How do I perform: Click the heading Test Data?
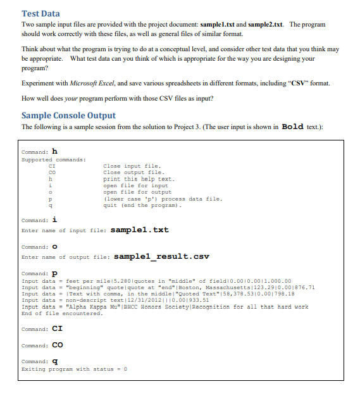click(x=40, y=13)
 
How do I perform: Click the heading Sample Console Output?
click(x=68, y=115)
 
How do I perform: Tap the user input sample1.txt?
click(x=139, y=229)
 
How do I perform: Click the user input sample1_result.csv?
click(x=161, y=257)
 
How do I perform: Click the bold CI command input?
click(x=57, y=329)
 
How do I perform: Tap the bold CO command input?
click(x=57, y=345)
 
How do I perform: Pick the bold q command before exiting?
click(x=54, y=362)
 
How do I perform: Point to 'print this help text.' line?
click(x=131, y=178)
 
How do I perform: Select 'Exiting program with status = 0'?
click(x=74, y=369)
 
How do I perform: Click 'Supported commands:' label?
click(x=51, y=159)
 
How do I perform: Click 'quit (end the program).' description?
click(x=141, y=204)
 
